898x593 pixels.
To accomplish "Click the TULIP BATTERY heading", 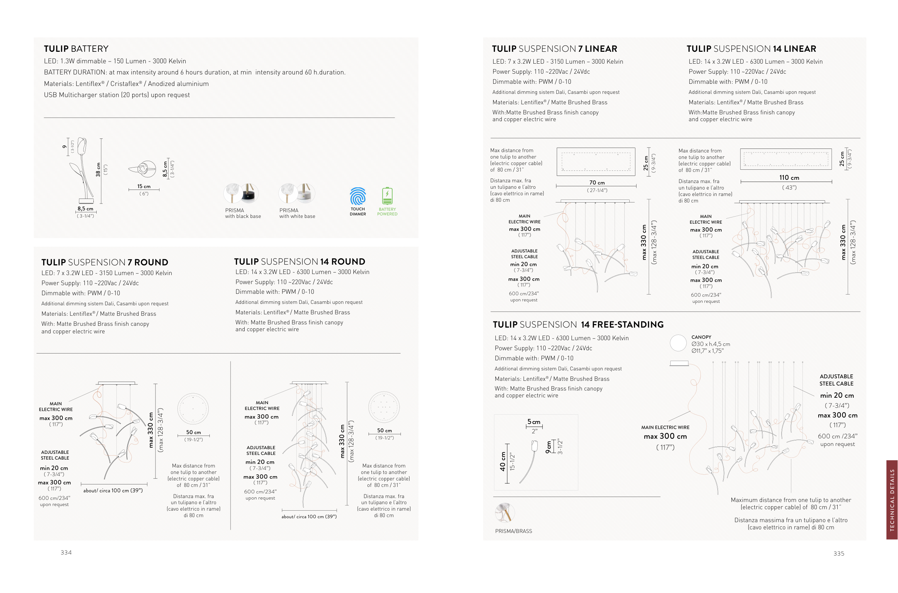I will [x=76, y=49].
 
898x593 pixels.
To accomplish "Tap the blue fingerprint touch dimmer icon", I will [x=357, y=196].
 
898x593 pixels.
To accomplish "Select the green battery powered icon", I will [x=387, y=196].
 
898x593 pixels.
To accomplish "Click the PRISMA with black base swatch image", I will [x=241, y=193].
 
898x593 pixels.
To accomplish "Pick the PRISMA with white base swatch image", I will [x=297, y=193].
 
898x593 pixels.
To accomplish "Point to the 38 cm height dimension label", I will [x=98, y=170].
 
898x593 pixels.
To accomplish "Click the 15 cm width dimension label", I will [x=144, y=186].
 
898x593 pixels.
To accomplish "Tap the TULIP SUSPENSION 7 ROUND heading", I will [x=105, y=263].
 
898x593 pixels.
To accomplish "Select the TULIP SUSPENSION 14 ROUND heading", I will [x=300, y=262].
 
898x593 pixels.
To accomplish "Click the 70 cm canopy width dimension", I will [x=597, y=183].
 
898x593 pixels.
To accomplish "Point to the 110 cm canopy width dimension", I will [x=789, y=178].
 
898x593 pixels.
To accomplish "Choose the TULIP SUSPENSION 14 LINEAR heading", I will [x=751, y=49].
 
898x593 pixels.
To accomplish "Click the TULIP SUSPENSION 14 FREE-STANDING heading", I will [x=578, y=324].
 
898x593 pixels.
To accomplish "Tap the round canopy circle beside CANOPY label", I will [x=678, y=343].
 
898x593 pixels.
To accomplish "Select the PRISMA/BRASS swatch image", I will [x=505, y=513].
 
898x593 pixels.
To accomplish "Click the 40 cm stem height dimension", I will [x=503, y=461].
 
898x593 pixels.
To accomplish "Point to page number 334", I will [x=66, y=552].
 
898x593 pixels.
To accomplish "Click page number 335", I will [x=839, y=554].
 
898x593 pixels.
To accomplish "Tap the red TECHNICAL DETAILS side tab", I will [x=892, y=500].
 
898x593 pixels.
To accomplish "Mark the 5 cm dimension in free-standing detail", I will [x=534, y=422].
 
